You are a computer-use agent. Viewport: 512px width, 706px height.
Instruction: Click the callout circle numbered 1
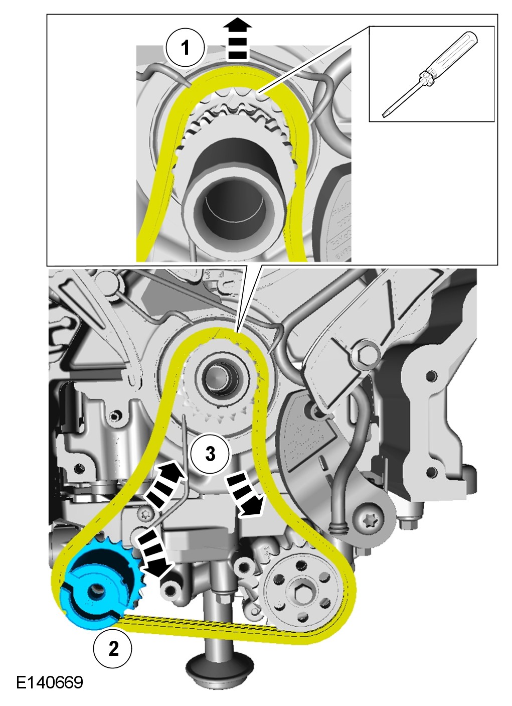[x=185, y=48]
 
